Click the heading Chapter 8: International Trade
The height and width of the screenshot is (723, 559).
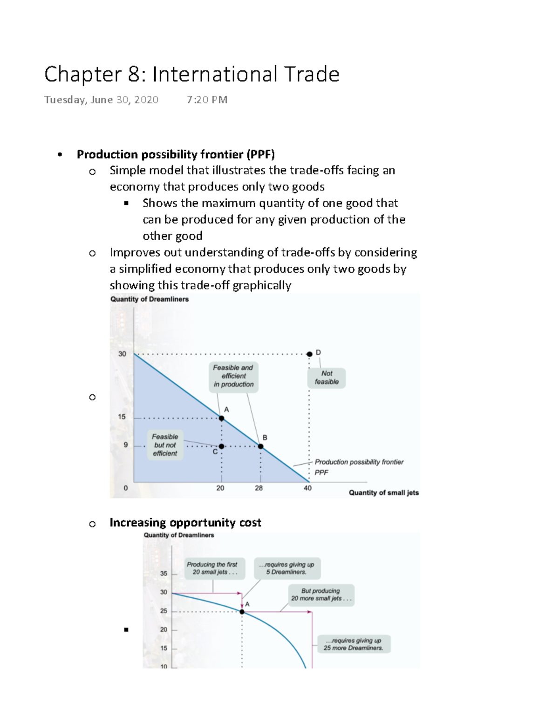pos(191,74)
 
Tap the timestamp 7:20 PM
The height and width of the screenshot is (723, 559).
pos(207,100)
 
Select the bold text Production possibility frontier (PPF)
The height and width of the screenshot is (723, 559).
pos(176,154)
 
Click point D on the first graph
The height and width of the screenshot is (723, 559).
pos(309,354)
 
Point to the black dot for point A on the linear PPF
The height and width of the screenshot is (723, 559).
pos(222,418)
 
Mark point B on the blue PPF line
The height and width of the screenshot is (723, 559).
pos(261,446)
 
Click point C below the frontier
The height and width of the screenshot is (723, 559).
pos(222,446)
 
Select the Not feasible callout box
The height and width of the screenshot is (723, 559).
pos(327,378)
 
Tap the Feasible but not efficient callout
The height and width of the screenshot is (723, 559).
pos(165,445)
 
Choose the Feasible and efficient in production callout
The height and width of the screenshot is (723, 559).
pos(233,376)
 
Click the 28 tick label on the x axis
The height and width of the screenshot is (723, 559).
pos(259,488)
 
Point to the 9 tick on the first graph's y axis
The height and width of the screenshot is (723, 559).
pos(125,445)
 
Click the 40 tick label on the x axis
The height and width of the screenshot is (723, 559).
pos(307,488)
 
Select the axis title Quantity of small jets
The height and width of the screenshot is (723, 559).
pos(383,493)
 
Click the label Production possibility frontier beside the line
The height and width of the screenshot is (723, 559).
pos(359,462)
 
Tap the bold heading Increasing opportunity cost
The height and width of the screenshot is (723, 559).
pos(185,522)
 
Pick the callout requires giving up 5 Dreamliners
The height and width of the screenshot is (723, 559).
pos(286,568)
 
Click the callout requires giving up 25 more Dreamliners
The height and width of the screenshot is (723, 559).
pos(354,644)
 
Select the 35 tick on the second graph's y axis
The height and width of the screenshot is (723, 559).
pos(164,574)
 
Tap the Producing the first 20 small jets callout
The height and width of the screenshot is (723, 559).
pos(212,568)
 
